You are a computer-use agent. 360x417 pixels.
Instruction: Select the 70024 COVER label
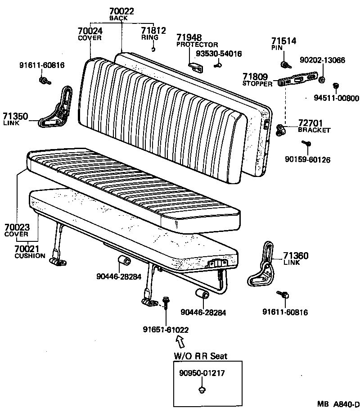pos(90,34)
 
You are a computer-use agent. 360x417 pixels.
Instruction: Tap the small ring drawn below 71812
pos(153,49)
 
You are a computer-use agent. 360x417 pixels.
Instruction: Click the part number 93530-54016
pos(219,54)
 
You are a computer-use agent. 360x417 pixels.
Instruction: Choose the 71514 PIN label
pos(283,44)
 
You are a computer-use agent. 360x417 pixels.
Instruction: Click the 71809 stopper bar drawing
pos(297,81)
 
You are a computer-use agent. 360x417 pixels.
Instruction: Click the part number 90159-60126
pos(307,159)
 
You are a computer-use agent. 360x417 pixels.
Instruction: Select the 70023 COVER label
pos(17,230)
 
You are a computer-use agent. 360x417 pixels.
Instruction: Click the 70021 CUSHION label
pos(29,251)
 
